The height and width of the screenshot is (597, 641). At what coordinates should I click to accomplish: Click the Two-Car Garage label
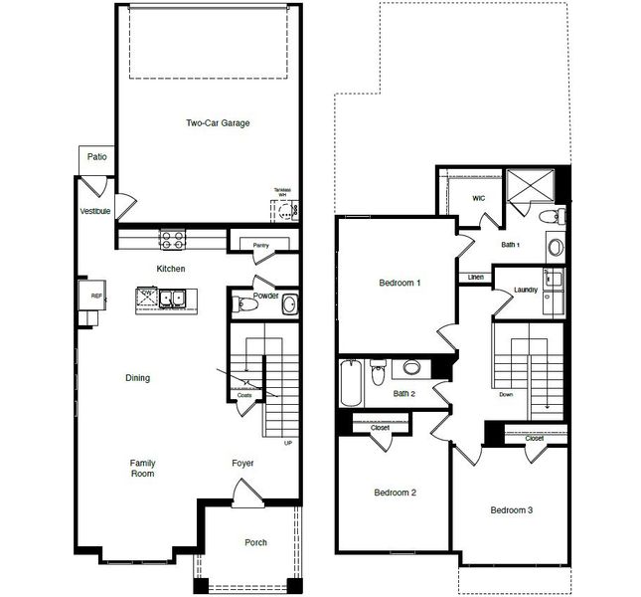coord(218,123)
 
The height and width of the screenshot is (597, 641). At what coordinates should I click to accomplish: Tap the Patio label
coord(96,156)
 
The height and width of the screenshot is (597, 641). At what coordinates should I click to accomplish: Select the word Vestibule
coord(95,211)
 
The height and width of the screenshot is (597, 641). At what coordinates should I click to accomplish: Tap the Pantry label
coord(261,244)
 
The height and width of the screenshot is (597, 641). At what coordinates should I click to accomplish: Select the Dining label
coord(137,377)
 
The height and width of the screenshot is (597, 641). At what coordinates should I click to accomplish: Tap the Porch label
coord(255,542)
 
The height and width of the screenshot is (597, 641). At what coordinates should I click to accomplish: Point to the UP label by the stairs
coord(288,444)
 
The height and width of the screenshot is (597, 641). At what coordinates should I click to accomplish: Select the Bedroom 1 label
coord(400,283)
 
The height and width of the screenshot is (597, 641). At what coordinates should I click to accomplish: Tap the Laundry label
coord(526,291)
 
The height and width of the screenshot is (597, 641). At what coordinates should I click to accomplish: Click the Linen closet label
coord(475,277)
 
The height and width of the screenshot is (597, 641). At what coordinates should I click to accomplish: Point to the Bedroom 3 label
coord(512,510)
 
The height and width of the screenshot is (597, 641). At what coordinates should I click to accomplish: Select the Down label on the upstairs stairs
coord(506,395)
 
